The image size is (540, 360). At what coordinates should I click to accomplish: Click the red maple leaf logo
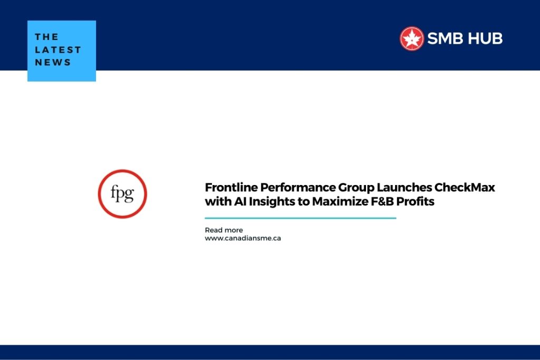point(411,38)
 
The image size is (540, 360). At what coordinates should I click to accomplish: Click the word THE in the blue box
point(46,37)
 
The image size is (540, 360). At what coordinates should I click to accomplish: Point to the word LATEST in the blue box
point(58,50)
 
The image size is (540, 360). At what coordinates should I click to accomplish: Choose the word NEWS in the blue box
point(53,62)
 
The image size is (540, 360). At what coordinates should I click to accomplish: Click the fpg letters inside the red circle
point(122,193)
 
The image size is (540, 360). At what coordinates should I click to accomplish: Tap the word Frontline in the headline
point(231,187)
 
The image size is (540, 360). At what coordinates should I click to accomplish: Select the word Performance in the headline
point(298,187)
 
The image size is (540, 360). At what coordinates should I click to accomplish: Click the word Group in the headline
point(356,188)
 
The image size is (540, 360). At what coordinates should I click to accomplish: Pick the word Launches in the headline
point(404,187)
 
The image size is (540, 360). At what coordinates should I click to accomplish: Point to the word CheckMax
point(465,187)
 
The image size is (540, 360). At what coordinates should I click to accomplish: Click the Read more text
point(224,230)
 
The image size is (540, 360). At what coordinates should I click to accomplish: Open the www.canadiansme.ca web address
point(243,238)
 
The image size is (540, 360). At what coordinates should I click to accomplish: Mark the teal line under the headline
point(300,218)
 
